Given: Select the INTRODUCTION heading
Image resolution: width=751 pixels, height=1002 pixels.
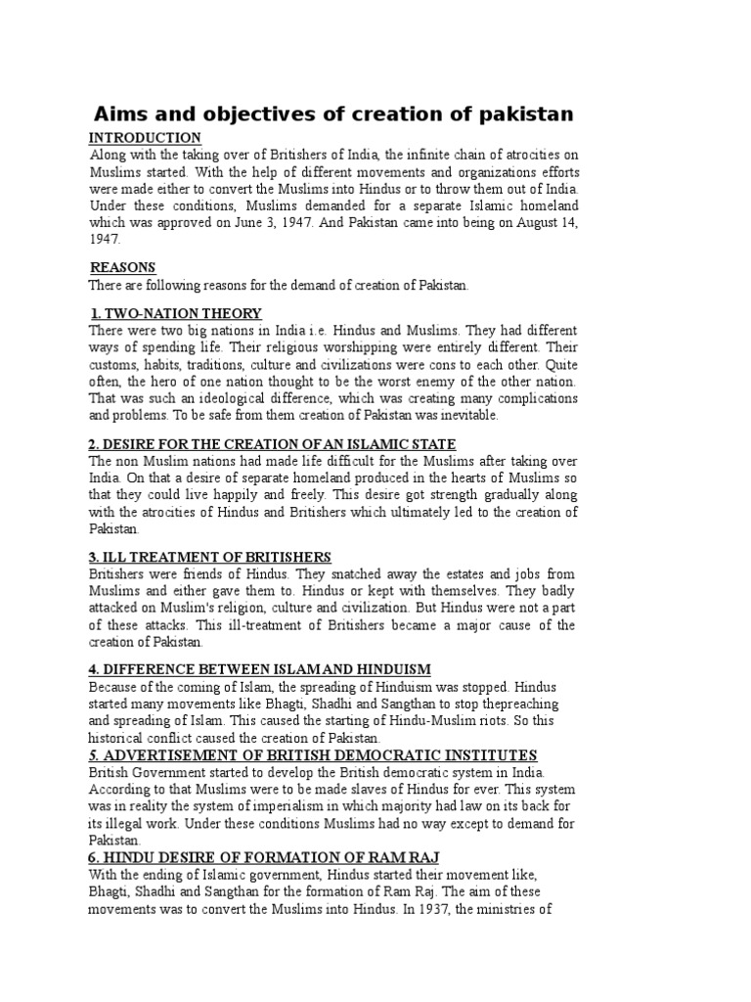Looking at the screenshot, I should point(145,138).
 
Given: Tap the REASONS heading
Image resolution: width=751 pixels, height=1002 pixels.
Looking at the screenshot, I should point(122,268).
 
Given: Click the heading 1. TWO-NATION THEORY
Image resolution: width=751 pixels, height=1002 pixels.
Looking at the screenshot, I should point(176,313).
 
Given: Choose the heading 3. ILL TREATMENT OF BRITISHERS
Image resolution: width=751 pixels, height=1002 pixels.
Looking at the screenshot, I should point(210,557).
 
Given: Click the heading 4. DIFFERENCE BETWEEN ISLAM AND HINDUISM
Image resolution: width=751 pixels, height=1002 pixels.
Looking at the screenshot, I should point(260,668).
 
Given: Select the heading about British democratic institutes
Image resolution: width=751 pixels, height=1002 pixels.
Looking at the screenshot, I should point(313,754).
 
